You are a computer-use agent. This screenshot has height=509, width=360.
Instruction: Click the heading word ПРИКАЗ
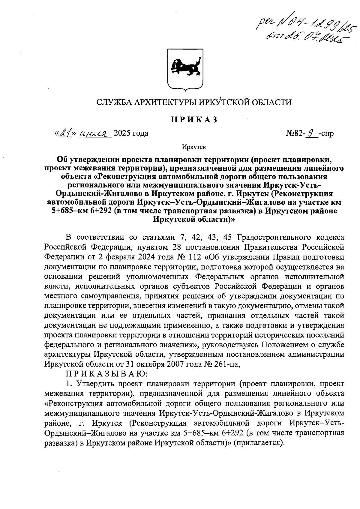(x=194, y=119)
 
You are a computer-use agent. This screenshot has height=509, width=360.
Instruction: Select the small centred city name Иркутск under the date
(x=194, y=147)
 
